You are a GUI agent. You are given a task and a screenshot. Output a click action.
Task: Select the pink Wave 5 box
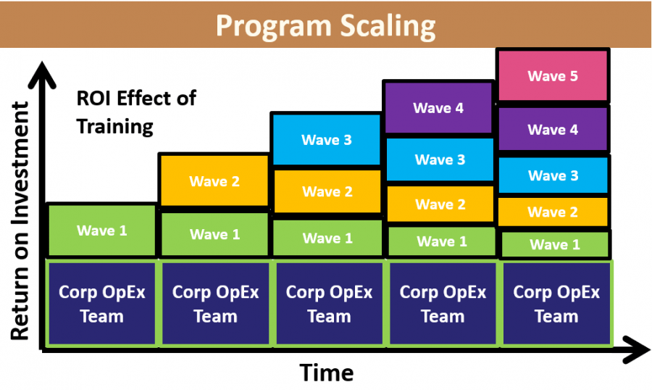tap(553, 75)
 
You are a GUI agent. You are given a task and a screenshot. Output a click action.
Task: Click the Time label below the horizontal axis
tap(327, 373)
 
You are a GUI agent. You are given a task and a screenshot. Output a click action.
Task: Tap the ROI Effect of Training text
tap(136, 112)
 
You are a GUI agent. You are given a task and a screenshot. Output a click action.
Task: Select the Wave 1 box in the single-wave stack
tap(102, 231)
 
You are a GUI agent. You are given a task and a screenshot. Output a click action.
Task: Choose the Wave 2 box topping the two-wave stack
tap(214, 181)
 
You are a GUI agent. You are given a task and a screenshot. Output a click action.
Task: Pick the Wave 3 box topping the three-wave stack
tap(327, 140)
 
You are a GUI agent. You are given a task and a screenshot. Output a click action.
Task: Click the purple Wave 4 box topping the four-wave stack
tap(438, 108)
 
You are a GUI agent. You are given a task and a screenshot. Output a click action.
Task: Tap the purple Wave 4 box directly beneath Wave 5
tap(553, 130)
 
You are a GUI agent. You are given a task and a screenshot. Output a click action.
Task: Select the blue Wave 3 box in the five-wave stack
tap(553, 175)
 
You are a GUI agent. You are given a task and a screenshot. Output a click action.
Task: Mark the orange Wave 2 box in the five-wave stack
tap(553, 212)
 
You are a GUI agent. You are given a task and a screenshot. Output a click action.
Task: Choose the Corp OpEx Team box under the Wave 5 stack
tap(556, 304)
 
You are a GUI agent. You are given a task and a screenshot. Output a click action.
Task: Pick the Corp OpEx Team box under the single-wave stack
tap(101, 304)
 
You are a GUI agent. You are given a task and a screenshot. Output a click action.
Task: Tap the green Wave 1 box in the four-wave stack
tap(442, 241)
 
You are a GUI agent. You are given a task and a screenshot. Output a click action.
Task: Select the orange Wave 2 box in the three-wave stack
tap(327, 191)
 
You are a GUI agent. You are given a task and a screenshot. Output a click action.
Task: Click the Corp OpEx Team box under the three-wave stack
tap(329, 304)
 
